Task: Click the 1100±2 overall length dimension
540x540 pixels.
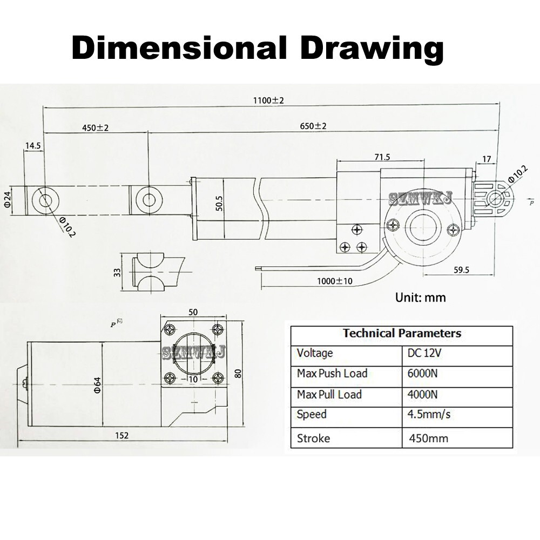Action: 268,100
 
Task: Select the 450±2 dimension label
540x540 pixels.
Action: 96,128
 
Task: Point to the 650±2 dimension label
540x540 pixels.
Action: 313,126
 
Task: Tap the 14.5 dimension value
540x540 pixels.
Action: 33,146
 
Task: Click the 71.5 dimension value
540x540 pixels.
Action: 382,157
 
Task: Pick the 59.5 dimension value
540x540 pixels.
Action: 462,270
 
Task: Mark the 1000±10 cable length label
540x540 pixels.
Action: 335,281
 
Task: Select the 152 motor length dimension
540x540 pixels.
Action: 122,435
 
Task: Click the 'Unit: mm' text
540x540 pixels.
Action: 421,297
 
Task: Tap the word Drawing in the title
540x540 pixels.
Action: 372,49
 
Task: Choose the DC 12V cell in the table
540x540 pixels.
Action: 424,353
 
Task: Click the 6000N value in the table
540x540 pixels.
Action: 423,373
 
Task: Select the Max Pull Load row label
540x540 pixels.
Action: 329,394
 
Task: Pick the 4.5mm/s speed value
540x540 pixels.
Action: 429,414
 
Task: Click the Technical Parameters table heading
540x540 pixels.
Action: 402,333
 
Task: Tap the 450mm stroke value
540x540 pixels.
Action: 429,438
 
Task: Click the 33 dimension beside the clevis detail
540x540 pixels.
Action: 118,272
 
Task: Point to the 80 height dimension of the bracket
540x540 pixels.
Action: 238,373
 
